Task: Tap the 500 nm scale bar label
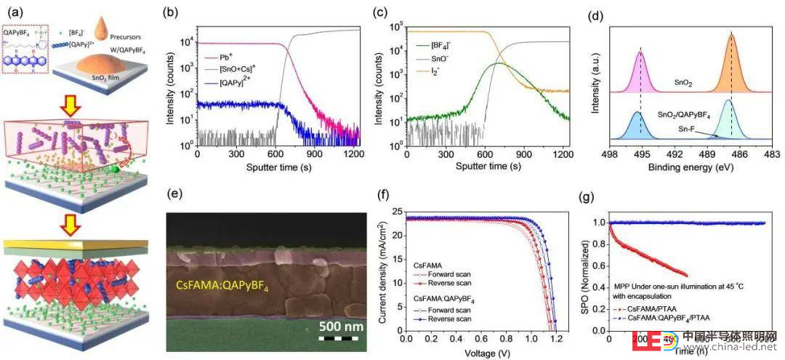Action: (341, 327)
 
